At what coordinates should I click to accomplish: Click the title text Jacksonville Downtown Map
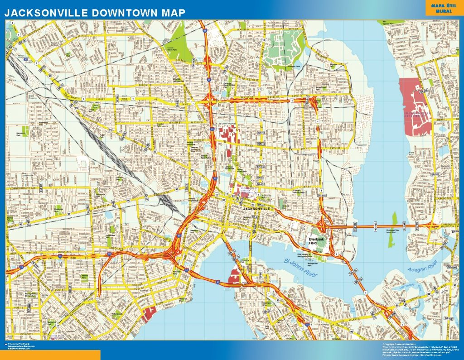95,13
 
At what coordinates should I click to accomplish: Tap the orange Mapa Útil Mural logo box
444,8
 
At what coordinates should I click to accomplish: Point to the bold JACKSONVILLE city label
259,209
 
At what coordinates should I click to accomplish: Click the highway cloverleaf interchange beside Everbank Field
325,225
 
